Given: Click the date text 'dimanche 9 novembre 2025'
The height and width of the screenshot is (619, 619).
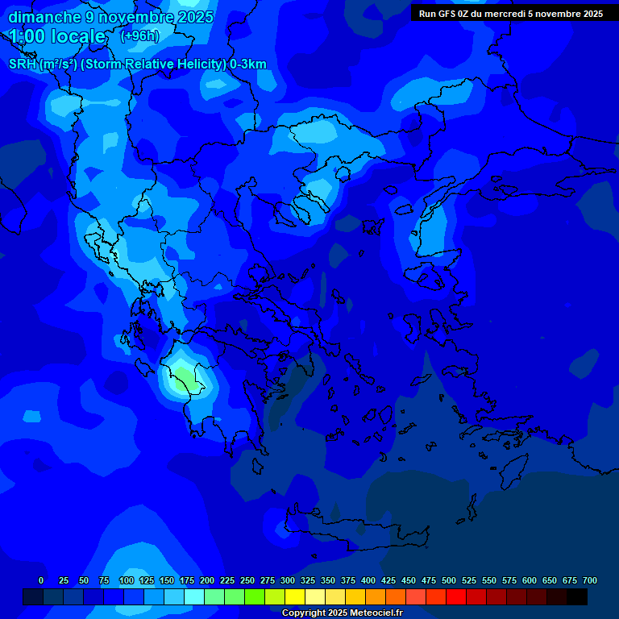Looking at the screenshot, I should (x=110, y=17).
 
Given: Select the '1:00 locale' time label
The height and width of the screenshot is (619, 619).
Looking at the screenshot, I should (x=58, y=36).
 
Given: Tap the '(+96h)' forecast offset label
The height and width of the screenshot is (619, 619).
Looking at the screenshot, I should (x=139, y=36).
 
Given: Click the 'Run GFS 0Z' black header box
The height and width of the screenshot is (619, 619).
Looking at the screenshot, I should (x=510, y=13).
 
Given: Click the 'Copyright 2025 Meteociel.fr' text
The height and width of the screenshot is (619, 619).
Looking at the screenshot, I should (x=342, y=613).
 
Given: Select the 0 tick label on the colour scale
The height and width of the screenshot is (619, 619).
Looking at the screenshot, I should (x=41, y=580).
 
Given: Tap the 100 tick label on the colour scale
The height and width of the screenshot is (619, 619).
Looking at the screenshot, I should (x=127, y=580).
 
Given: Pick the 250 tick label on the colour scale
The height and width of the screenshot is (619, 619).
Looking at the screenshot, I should (x=247, y=580).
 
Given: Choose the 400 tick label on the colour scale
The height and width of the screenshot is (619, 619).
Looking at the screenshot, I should (x=368, y=580).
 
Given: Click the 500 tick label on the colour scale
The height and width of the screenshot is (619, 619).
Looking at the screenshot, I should (x=449, y=580).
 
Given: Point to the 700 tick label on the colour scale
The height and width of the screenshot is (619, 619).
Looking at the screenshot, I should (x=590, y=580).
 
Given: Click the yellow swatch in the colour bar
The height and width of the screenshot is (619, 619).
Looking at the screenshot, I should (x=294, y=596).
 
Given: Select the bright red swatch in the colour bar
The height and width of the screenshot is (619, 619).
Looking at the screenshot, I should (x=455, y=596).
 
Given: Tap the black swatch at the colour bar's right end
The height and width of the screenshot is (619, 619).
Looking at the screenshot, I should (x=576, y=596).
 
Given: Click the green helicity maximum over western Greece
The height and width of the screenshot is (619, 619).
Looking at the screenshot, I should (x=183, y=376).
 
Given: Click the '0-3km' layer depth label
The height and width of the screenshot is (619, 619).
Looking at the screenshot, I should (x=247, y=64).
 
